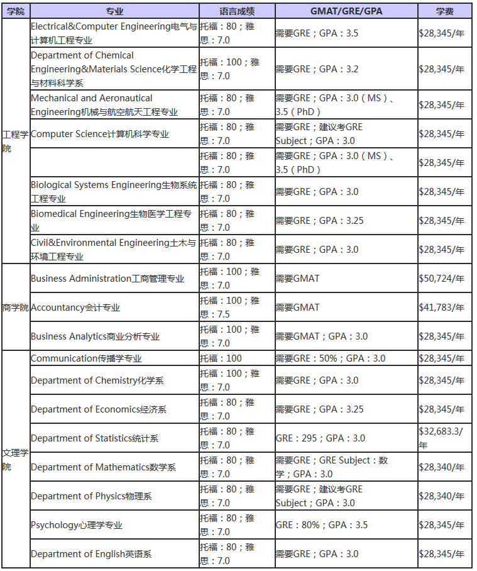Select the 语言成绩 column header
[236, 11]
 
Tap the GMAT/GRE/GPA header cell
[346, 11]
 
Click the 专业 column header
[114, 11]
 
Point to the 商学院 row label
[16, 308]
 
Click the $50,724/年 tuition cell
[442, 279]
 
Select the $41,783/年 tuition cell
[442, 308]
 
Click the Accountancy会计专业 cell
[75, 308]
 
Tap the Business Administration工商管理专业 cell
[107, 279]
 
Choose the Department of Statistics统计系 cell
[94, 438]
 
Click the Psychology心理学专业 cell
[77, 525]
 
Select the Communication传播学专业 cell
[86, 358]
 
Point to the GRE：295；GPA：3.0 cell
[320, 438]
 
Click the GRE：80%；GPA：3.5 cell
[321, 525]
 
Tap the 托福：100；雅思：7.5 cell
[230, 308]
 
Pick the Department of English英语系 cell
[91, 554]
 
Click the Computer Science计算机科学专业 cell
[100, 134]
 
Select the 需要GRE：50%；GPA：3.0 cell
[330, 358]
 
